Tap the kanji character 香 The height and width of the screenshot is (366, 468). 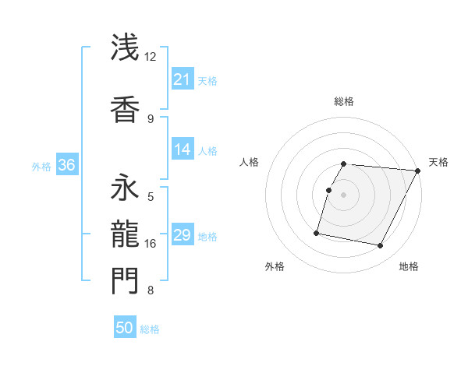(x=125, y=109)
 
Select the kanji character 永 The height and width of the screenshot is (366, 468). (x=125, y=188)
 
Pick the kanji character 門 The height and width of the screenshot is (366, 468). (x=125, y=280)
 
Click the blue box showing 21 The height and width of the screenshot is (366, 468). (x=183, y=79)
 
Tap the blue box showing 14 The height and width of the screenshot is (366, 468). (x=183, y=150)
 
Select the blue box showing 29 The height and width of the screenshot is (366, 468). (x=183, y=235)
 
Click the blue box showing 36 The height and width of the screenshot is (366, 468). (x=66, y=165)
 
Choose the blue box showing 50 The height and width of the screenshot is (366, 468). (x=125, y=328)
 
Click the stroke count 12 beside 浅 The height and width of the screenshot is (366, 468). (x=151, y=57)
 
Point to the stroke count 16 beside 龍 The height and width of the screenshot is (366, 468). (x=151, y=244)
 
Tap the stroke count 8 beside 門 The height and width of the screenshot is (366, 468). (x=151, y=290)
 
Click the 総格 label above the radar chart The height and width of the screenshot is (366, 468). (x=344, y=101)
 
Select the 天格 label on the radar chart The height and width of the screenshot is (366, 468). (x=438, y=162)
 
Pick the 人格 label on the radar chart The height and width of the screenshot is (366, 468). (x=249, y=162)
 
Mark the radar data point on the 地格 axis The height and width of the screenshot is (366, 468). (x=381, y=246)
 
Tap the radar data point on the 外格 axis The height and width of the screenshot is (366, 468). (x=317, y=232)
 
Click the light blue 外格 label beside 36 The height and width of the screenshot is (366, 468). (x=41, y=166)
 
